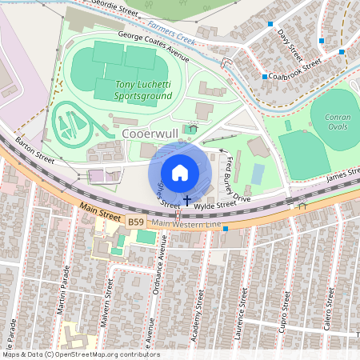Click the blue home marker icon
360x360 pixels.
[x=180, y=172]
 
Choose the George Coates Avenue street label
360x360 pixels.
[x=153, y=46]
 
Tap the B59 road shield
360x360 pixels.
[x=135, y=218]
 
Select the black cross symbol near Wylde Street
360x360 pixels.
[x=187, y=199]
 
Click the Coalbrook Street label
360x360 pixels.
[x=294, y=68]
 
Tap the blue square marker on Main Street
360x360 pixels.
[x=226, y=230]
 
